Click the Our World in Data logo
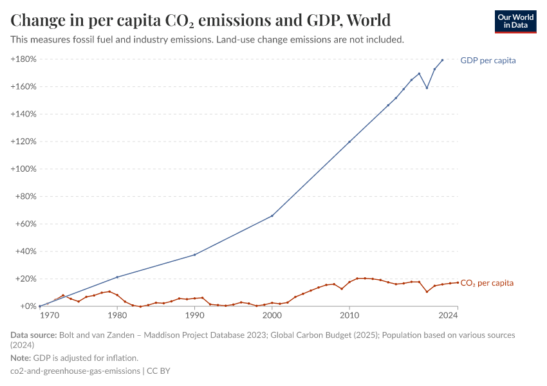coord(515,21)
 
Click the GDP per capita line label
coord(488,60)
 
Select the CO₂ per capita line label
coord(487,283)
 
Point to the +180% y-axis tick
coord(23,59)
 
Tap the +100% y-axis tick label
coord(23,169)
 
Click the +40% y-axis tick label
coord(25,252)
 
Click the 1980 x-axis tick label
coord(117,316)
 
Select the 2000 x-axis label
coord(272,316)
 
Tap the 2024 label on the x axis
coord(448,316)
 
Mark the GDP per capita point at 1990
coord(195,255)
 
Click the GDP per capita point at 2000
coord(272,216)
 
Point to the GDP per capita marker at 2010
coord(349,142)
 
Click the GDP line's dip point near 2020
coord(427,87)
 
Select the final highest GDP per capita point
coord(442,60)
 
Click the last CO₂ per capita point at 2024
coord(458,282)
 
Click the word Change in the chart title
coord(40,21)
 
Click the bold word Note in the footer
coord(21,358)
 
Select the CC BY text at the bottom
coord(158,371)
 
